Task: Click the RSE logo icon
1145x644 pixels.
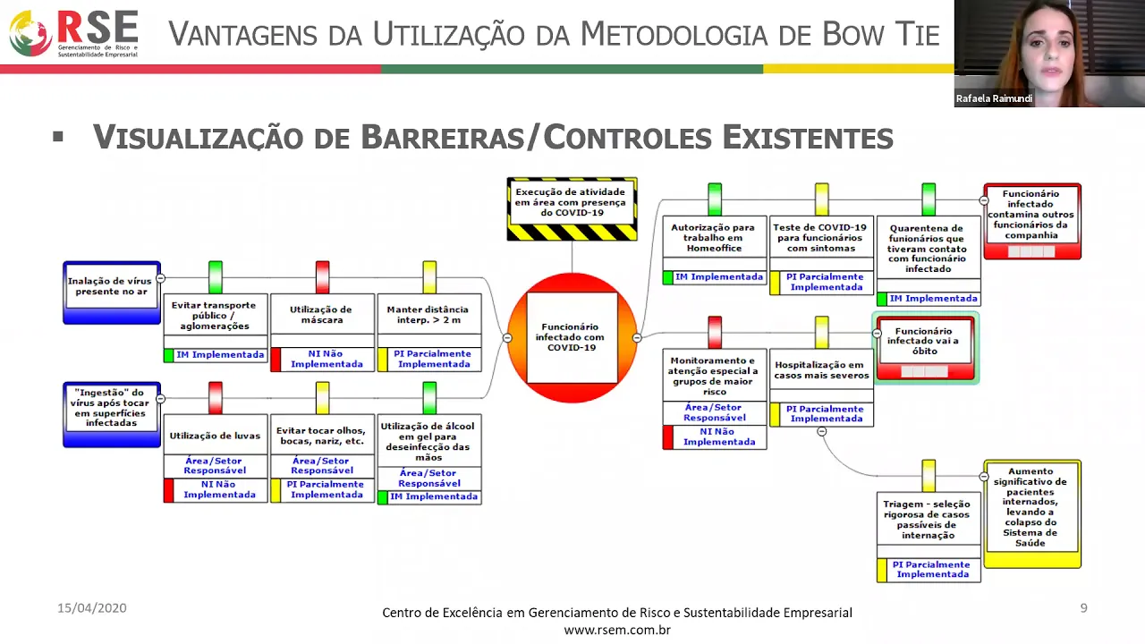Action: (x=30, y=33)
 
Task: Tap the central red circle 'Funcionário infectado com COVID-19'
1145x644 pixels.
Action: (x=572, y=337)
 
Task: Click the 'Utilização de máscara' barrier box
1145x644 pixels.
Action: (x=322, y=315)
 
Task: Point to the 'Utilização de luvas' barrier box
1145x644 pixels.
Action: (x=215, y=436)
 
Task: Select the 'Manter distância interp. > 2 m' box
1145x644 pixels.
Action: (x=429, y=315)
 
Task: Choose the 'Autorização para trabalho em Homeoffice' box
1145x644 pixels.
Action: (x=713, y=238)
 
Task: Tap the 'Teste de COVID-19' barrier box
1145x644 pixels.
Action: (x=820, y=238)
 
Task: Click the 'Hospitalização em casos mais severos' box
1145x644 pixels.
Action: (x=820, y=370)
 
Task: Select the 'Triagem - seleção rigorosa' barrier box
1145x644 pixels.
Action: (x=928, y=519)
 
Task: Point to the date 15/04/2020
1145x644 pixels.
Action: (x=92, y=608)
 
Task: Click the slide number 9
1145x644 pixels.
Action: (x=1083, y=608)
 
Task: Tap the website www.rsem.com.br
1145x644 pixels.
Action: (x=617, y=630)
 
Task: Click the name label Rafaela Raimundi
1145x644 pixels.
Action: (x=994, y=98)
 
